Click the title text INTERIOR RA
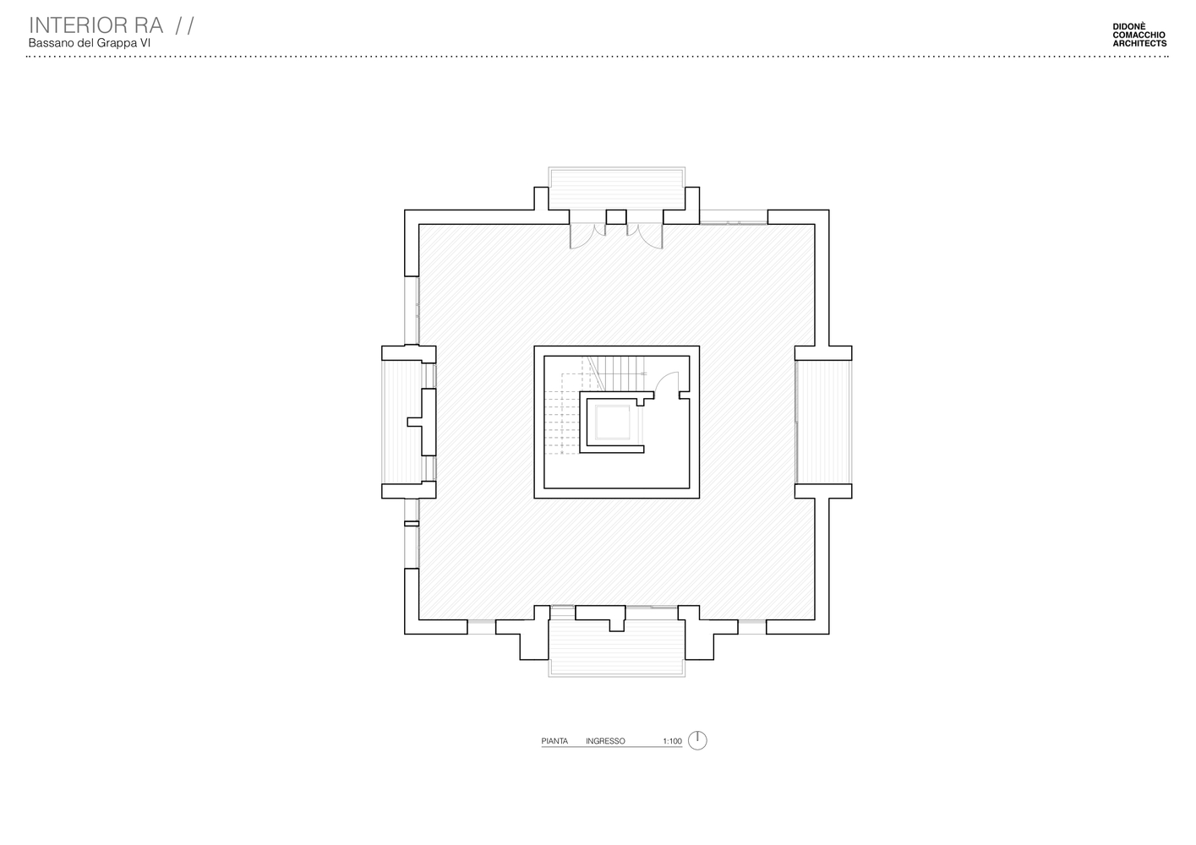click(x=96, y=25)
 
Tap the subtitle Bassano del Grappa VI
click(x=89, y=43)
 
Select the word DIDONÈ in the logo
click(x=1129, y=26)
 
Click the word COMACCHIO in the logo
click(x=1139, y=35)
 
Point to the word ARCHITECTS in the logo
click(x=1140, y=43)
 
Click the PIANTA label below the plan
click(x=554, y=741)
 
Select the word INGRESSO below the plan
click(x=605, y=741)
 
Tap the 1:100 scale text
click(x=673, y=741)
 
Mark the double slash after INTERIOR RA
click(x=185, y=25)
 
